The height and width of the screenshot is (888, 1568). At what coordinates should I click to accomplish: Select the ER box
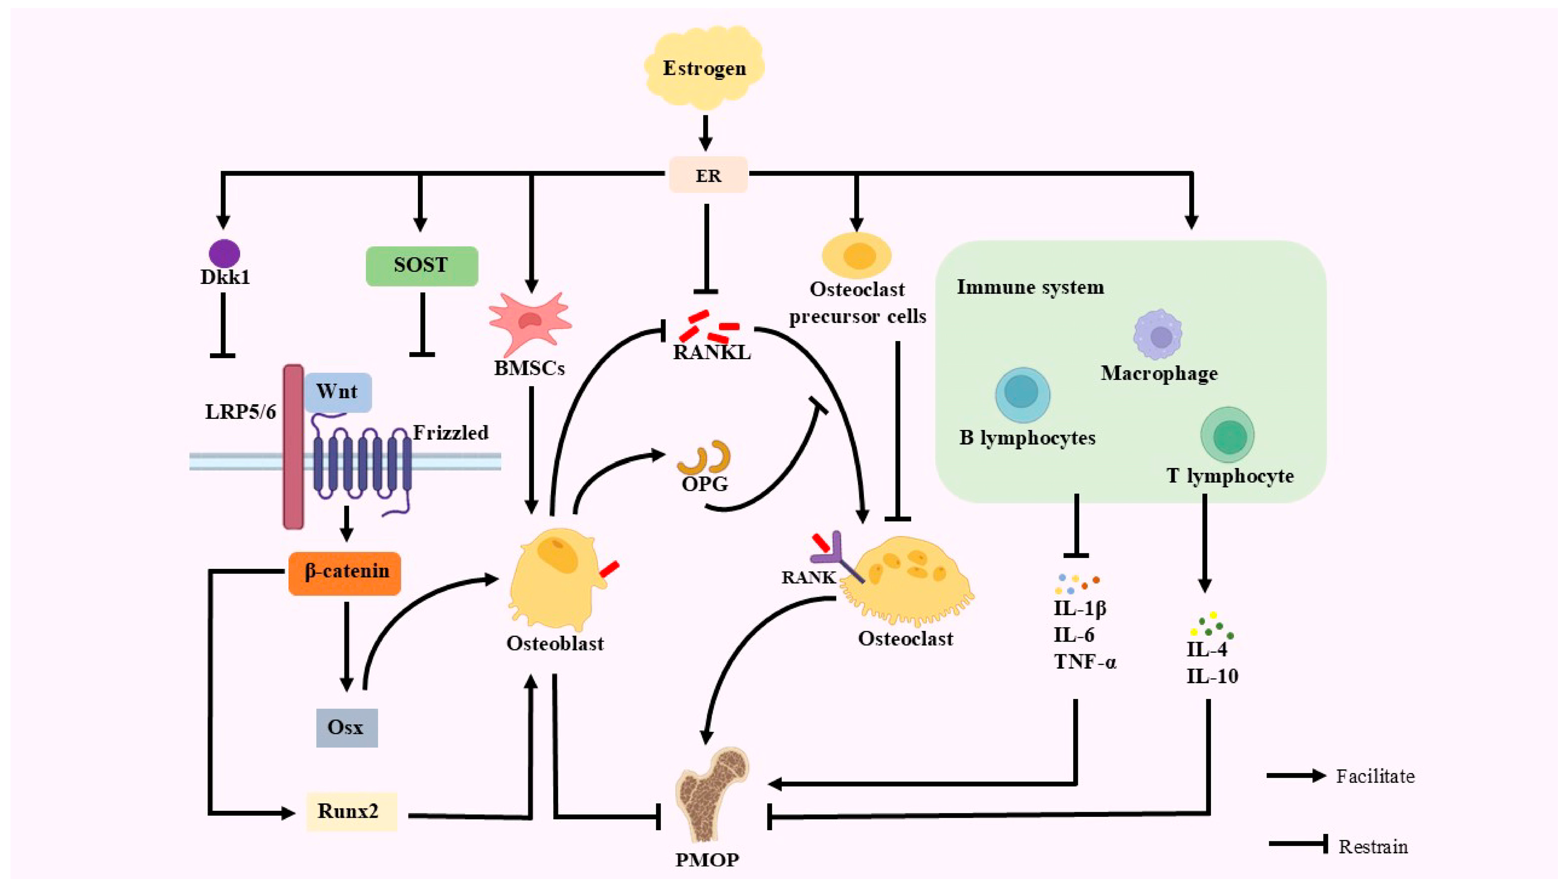pyautogui.click(x=708, y=176)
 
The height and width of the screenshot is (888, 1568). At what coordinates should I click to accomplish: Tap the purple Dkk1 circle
pyautogui.click(x=224, y=253)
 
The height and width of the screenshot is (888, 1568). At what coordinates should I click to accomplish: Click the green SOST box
pyautogui.click(x=421, y=266)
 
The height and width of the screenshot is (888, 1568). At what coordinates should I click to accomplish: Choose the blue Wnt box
pyautogui.click(x=338, y=391)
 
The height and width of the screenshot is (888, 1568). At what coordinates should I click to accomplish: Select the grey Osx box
pyautogui.click(x=346, y=727)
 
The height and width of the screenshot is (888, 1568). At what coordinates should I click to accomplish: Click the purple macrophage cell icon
pyautogui.click(x=1158, y=336)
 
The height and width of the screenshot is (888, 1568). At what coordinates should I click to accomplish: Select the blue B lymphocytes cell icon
pyautogui.click(x=1023, y=394)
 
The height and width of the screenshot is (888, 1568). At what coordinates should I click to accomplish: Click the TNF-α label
pyautogui.click(x=1085, y=662)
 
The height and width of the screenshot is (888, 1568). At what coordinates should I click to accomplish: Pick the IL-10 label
pyautogui.click(x=1211, y=676)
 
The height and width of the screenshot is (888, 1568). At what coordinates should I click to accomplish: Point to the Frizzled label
pyautogui.click(x=451, y=433)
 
